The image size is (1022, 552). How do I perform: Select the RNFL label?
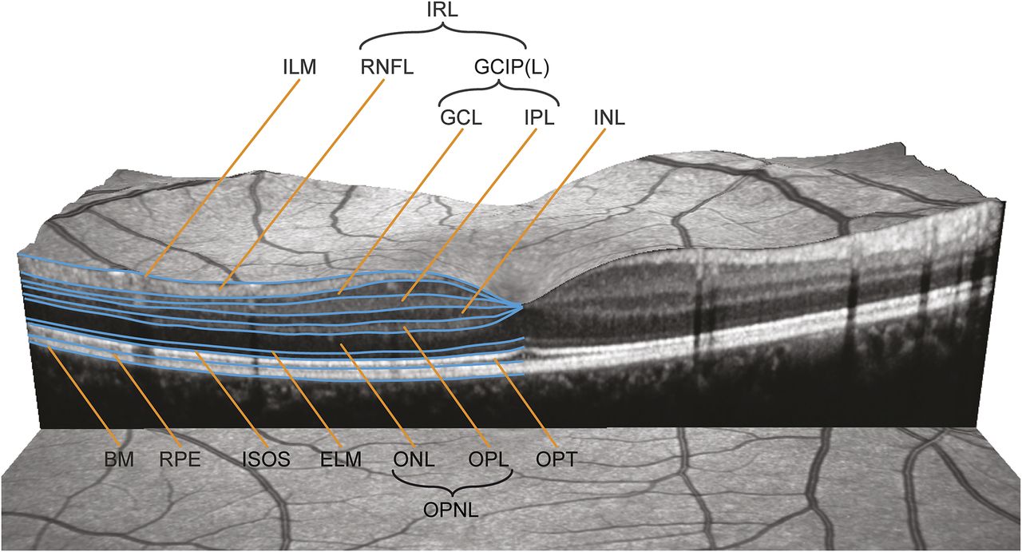[x=386, y=69]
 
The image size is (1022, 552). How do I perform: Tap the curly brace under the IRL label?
[x=443, y=37]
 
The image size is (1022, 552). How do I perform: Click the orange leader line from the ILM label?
[x=224, y=176]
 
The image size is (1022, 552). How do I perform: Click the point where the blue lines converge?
[x=521, y=305]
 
